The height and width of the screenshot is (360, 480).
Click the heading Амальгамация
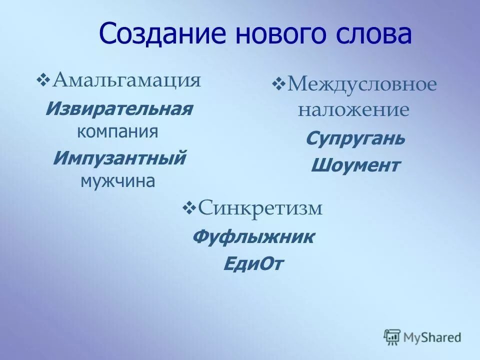(127, 80)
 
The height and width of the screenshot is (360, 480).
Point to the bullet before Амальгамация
(43, 79)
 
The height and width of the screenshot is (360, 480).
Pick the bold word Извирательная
(118, 109)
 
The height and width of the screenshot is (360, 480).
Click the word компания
(117, 132)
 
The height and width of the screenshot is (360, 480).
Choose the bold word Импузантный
(119, 158)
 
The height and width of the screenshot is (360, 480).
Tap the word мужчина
(117, 180)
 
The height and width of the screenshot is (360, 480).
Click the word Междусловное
(361, 85)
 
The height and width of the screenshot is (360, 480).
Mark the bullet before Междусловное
(278, 84)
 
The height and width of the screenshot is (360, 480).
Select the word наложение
(353, 110)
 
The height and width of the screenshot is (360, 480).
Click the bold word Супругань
(355, 138)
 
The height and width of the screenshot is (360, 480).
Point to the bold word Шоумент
(355, 165)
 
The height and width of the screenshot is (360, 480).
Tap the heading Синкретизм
(260, 208)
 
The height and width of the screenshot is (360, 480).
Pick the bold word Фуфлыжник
(253, 236)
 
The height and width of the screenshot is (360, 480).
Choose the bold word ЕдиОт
(253, 263)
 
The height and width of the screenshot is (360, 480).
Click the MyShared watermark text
(432, 337)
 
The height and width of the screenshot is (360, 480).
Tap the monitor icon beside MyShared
(392, 337)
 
